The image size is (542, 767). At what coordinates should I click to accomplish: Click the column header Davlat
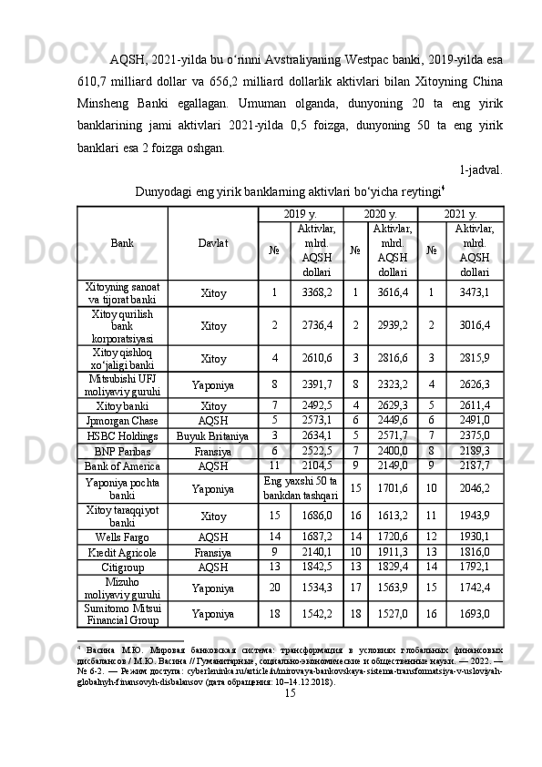click(x=212, y=244)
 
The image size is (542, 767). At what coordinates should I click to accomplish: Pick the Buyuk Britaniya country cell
click(x=212, y=435)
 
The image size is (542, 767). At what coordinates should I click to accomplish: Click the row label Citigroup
click(x=122, y=567)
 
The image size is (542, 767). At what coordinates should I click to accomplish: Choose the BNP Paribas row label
click(x=122, y=450)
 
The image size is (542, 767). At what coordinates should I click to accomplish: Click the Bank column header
click(x=122, y=244)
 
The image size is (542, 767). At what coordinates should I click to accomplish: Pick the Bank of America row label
click(x=122, y=465)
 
